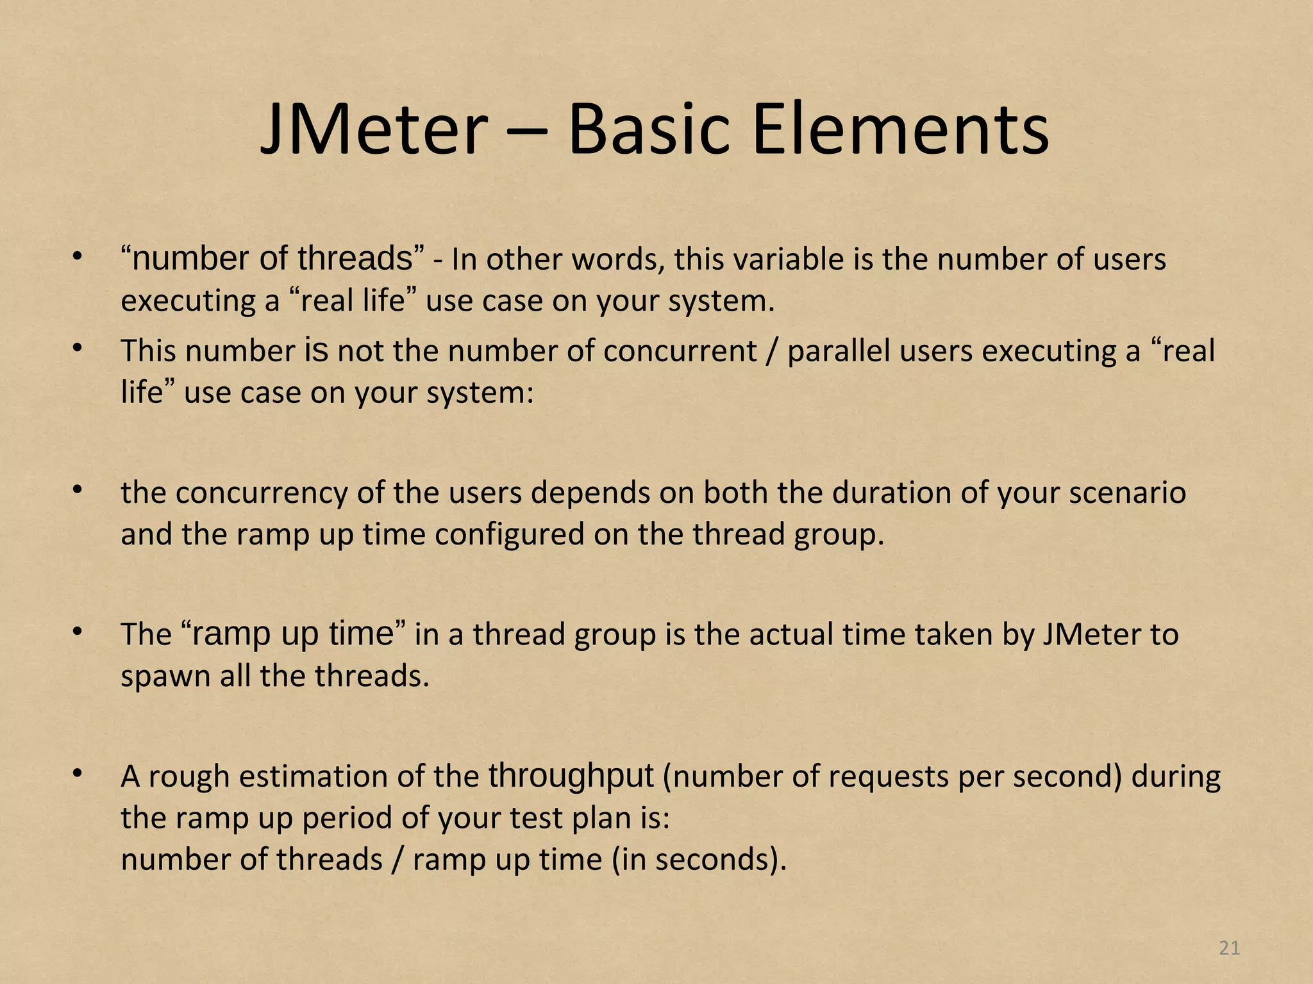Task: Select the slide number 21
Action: (1229, 947)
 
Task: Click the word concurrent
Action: (680, 351)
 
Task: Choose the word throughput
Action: (571, 776)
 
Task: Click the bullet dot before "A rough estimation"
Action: (78, 775)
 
